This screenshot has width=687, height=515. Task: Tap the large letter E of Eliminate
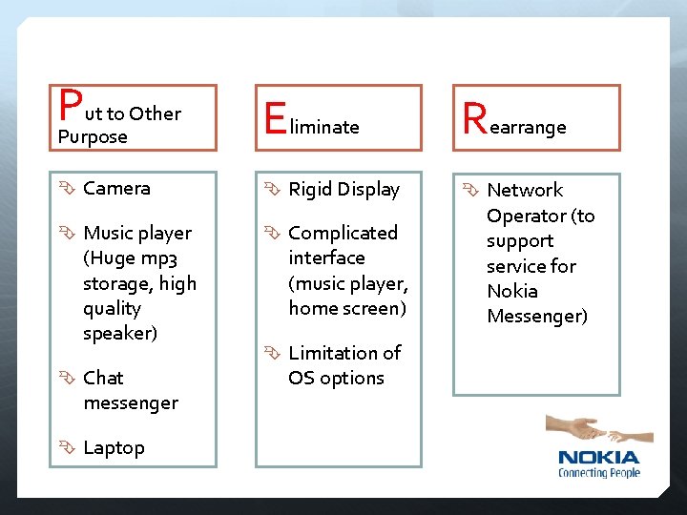275,120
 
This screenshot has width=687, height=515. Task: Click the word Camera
116,188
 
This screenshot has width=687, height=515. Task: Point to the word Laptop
114,447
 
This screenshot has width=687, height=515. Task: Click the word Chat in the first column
103,378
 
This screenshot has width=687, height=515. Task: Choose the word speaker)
120,333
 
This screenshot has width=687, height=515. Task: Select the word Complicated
343,233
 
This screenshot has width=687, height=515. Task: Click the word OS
302,378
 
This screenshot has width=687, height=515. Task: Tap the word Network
525,190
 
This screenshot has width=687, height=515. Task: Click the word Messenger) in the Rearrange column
537,316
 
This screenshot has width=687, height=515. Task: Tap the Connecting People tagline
598,472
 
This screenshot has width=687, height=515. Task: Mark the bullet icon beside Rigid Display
273,190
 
